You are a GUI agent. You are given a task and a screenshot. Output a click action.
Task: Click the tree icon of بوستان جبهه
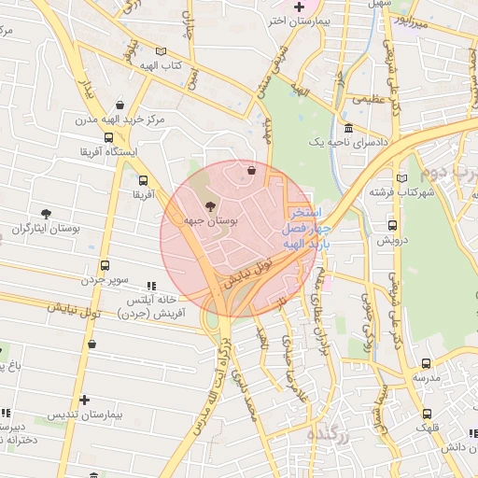[x=207, y=204]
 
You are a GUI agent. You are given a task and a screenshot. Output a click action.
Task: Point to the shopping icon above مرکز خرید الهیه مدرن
[x=119, y=105]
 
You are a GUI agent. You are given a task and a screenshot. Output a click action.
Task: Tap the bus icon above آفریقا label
[x=143, y=180]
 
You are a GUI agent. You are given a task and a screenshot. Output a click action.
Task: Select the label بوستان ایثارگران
[x=41, y=228]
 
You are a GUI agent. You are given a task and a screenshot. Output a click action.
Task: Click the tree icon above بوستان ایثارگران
[x=46, y=214]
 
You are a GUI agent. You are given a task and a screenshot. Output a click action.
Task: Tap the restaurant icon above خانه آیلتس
[x=151, y=286]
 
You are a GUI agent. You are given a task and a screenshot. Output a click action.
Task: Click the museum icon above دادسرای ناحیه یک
[x=348, y=128]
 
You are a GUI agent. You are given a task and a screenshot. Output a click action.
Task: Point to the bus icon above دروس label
[x=391, y=225]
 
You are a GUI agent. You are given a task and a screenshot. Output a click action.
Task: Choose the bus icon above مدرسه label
[x=426, y=364]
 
